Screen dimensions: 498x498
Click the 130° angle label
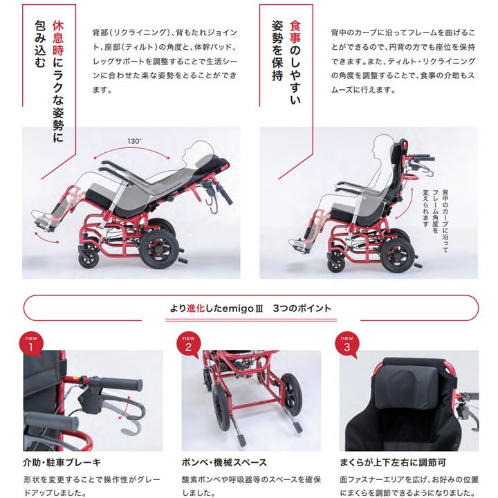[x=134, y=141]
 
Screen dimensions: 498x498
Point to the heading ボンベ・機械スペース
[x=224, y=462]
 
